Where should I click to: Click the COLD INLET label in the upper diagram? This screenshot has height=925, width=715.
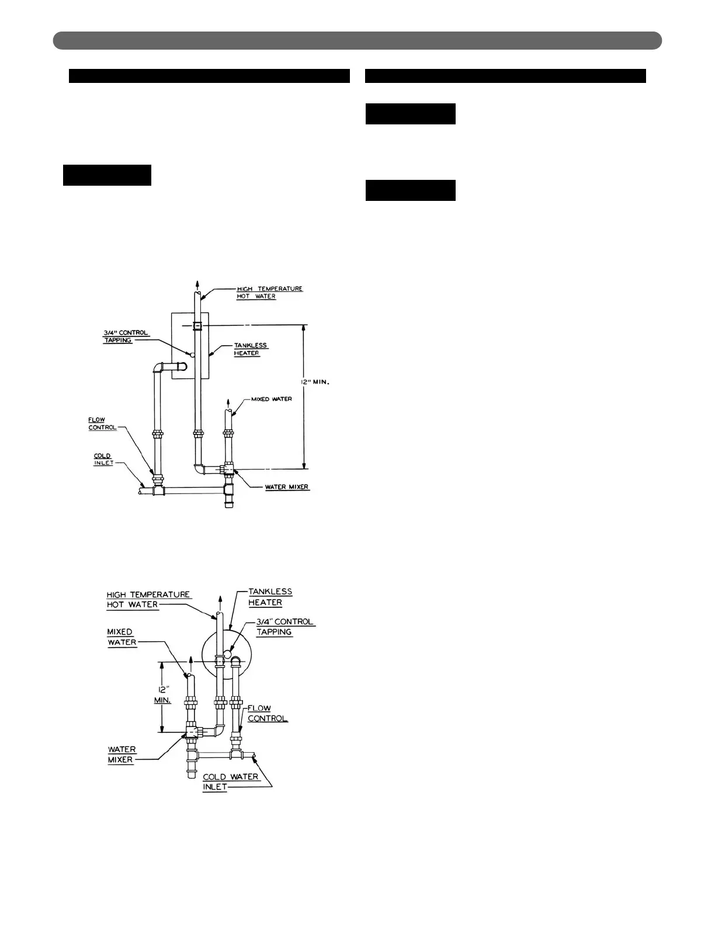pos(103,460)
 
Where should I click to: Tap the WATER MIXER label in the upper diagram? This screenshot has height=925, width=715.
pos(287,487)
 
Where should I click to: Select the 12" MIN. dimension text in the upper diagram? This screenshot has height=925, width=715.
pos(315,382)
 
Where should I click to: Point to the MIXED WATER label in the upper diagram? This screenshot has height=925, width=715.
pos(271,399)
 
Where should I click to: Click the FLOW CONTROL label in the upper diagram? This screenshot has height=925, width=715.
pos(102,424)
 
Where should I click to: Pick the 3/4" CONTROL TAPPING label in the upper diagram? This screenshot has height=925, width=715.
pos(126,336)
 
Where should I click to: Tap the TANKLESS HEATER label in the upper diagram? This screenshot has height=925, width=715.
pos(251,349)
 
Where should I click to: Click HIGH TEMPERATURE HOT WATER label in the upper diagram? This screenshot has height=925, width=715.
pos(269,293)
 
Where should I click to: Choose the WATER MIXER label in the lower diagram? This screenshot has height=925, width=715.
pos(122,754)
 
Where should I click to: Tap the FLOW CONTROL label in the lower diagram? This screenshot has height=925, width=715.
pos(268,713)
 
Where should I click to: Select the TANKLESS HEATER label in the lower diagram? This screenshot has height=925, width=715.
pos(270,597)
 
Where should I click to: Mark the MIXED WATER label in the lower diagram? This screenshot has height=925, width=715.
pos(122,637)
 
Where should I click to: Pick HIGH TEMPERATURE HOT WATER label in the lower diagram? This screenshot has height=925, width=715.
pos(148,599)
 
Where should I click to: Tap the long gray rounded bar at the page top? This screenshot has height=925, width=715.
pos(357,40)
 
